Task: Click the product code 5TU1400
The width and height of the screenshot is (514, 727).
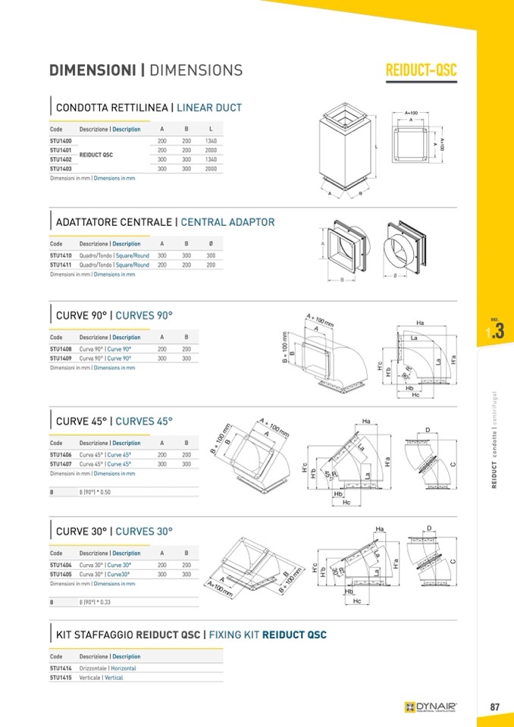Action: coord(61,142)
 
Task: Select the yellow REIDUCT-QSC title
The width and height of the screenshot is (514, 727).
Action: coord(422,71)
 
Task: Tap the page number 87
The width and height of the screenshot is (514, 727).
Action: coord(494,707)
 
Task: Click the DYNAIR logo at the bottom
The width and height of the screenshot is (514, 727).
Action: coord(431,707)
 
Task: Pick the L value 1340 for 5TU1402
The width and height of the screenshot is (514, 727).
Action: coord(212,159)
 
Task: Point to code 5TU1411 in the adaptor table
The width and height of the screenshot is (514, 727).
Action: coord(61,265)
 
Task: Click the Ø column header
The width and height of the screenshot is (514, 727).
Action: coord(210,244)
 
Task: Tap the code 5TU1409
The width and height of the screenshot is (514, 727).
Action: coord(61,358)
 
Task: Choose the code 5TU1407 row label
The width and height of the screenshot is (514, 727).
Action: coord(61,464)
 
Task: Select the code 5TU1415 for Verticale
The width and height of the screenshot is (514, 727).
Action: coord(61,678)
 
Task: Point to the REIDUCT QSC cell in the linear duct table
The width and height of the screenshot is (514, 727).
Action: coord(96,155)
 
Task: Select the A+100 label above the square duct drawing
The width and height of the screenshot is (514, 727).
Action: coord(411,111)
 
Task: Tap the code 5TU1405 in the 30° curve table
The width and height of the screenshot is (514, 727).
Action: coord(61,575)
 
